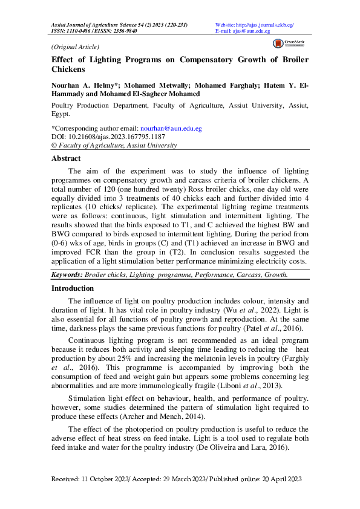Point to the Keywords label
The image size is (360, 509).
click(x=66, y=274)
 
